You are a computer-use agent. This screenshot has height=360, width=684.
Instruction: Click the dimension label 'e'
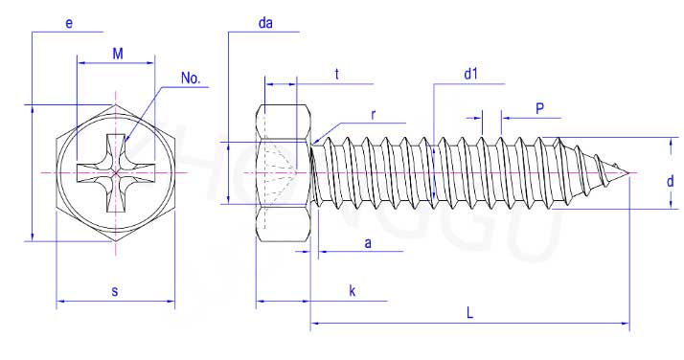point(69,23)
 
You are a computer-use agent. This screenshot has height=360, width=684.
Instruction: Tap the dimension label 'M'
point(118,54)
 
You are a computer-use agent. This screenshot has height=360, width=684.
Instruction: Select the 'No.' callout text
point(191,79)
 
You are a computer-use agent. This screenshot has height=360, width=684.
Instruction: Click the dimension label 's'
point(115,291)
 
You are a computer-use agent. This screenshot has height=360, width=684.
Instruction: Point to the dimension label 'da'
point(265,23)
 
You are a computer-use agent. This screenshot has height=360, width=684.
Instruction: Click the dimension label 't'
point(337,74)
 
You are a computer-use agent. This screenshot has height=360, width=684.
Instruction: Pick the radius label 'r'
point(373,115)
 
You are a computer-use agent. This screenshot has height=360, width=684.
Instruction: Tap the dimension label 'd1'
point(470,74)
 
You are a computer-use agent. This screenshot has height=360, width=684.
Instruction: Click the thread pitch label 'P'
point(539,108)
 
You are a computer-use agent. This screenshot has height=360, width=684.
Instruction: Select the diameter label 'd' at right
point(670,181)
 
